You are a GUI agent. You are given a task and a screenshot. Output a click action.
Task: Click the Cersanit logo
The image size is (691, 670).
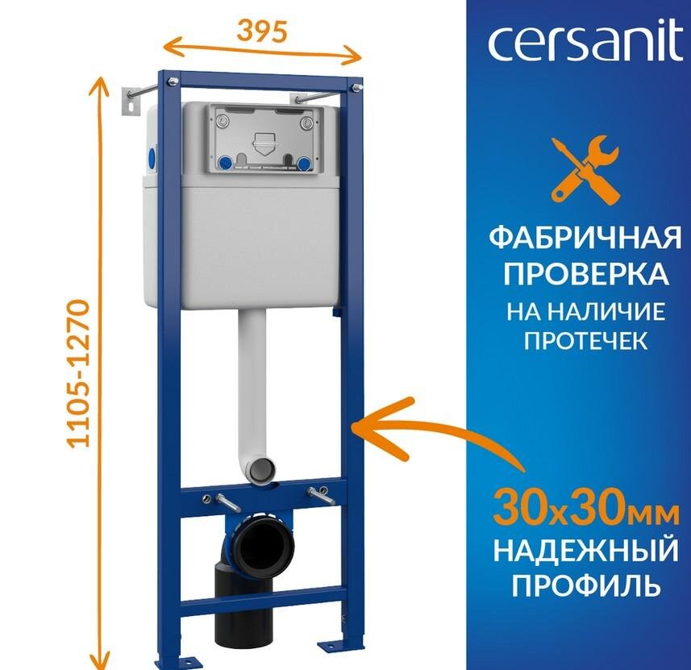(585, 46)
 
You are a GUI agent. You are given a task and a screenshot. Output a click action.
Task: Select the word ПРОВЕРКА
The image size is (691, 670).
(585, 274)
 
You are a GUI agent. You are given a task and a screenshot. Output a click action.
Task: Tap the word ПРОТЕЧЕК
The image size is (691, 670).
(585, 341)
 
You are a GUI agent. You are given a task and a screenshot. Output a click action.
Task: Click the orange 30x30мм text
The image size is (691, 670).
(585, 509)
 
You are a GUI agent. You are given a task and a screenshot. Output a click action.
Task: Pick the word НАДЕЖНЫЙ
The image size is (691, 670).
(585, 552)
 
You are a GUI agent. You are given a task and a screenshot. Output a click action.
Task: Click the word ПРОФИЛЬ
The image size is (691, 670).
(585, 585)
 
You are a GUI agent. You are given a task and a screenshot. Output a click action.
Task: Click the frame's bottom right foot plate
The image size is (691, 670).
(337, 646)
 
